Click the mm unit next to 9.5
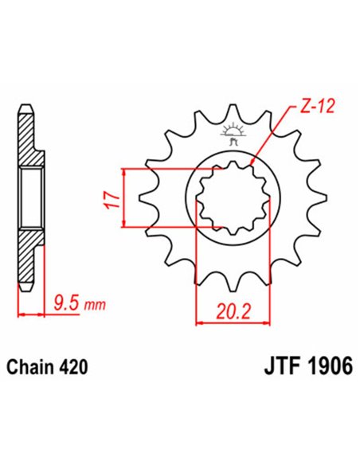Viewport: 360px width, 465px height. click(94, 304)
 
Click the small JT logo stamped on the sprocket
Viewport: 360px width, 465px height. click(233, 133)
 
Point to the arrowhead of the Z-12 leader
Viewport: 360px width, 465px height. click(252, 161)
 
